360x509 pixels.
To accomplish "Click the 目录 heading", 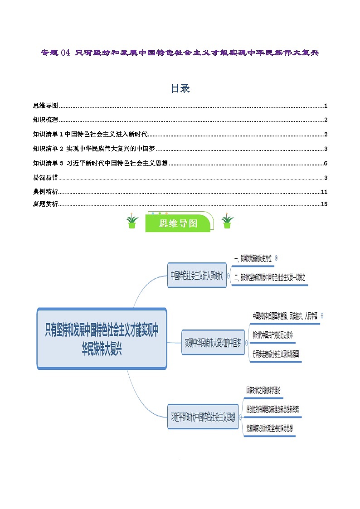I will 180,89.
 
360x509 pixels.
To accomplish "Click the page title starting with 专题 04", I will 180,53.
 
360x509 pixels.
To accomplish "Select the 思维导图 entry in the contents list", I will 46,106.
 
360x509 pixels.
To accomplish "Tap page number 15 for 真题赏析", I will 324,204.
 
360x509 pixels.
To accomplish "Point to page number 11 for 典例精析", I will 324,192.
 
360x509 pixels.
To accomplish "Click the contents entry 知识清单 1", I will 91,135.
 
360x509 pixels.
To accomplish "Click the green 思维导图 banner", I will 178,223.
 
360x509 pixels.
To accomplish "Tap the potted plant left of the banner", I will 132,222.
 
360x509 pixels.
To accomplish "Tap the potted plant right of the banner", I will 227,222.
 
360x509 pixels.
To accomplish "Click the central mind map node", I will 102,338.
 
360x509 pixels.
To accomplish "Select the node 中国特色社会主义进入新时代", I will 197,275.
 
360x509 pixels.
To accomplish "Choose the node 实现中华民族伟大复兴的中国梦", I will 213,342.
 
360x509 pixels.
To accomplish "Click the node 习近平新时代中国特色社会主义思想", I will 203,417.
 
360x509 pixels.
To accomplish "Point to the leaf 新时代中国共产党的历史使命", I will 273,335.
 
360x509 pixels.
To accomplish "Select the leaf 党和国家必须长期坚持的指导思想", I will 269,427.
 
